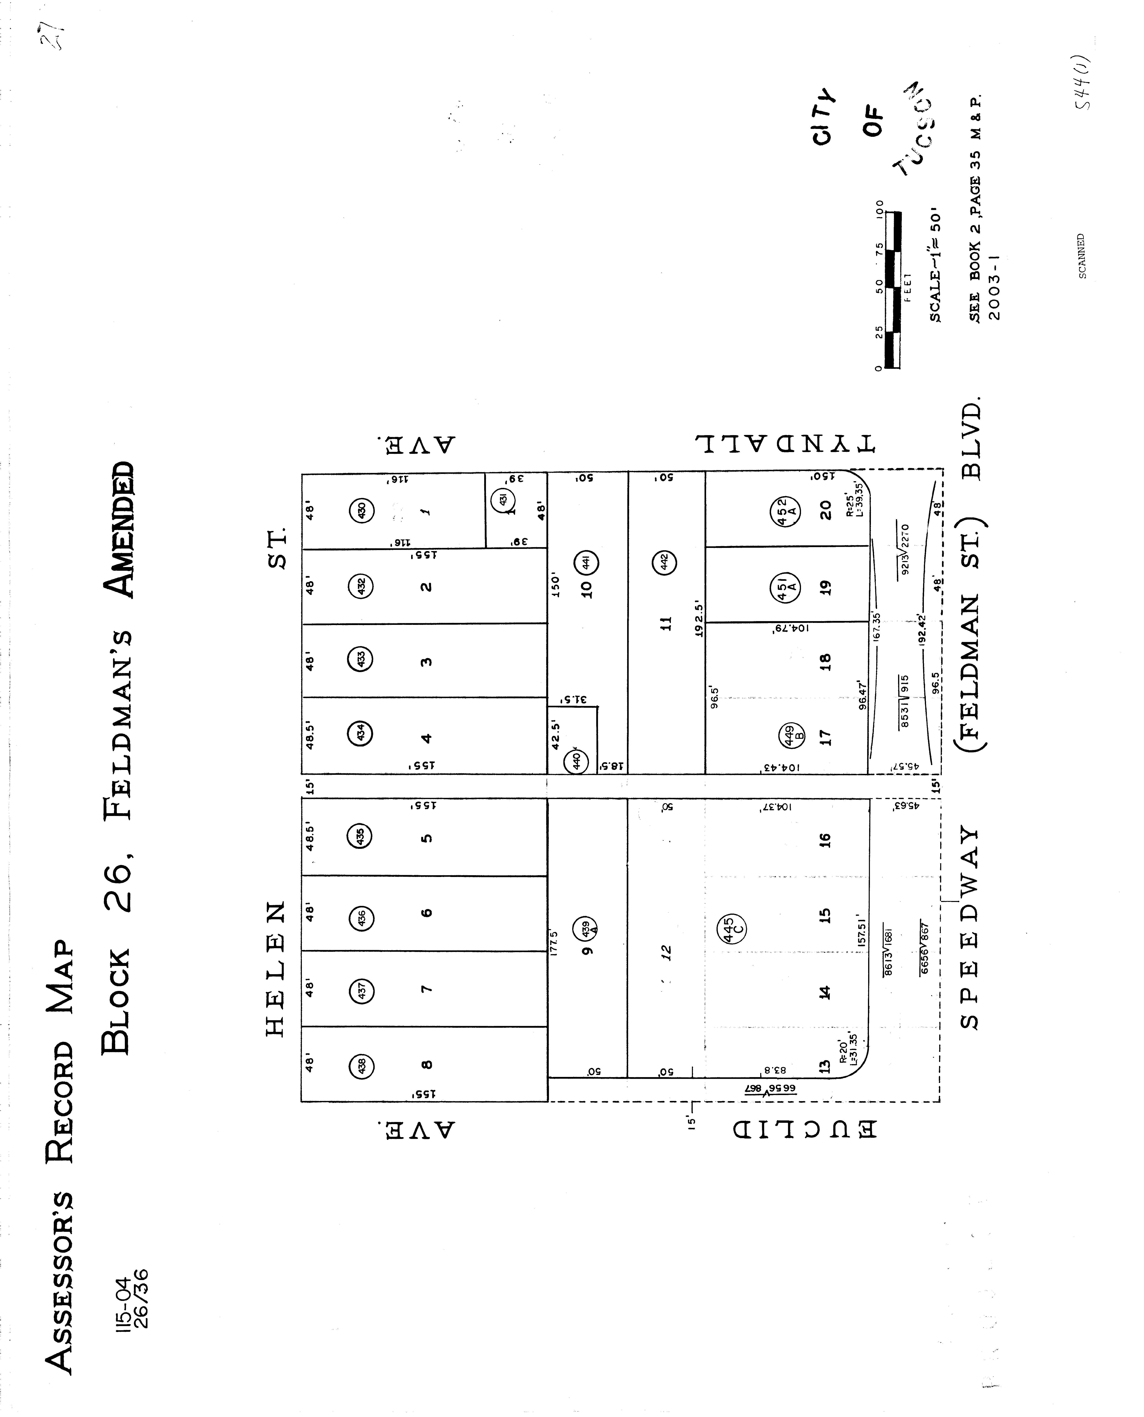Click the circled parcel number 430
coord(361,511)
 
